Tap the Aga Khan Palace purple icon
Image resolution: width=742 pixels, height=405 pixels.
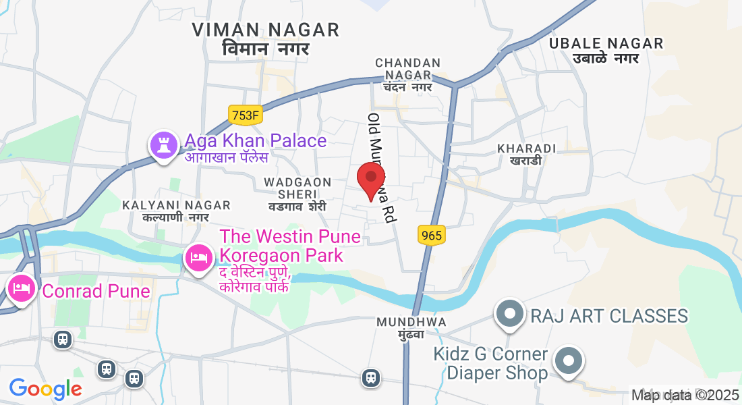point(163,145)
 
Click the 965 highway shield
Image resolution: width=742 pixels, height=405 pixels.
point(431,235)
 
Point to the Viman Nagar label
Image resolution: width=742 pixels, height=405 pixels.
point(265,38)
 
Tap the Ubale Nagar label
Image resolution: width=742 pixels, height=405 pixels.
point(606,50)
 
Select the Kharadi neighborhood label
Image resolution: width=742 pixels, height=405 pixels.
point(525,154)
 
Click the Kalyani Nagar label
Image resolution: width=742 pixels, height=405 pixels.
point(176,211)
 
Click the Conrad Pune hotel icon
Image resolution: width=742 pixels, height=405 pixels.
point(22,289)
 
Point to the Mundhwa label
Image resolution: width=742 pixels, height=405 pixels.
point(411,327)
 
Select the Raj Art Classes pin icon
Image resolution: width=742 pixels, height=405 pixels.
point(509,315)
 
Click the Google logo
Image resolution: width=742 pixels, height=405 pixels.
point(45,389)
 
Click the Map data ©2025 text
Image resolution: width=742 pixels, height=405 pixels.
point(685,396)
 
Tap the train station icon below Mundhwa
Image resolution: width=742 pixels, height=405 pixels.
point(370,378)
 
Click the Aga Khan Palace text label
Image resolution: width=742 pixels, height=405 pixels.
point(255,141)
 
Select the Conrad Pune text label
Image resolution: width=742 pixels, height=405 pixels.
point(96,291)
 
